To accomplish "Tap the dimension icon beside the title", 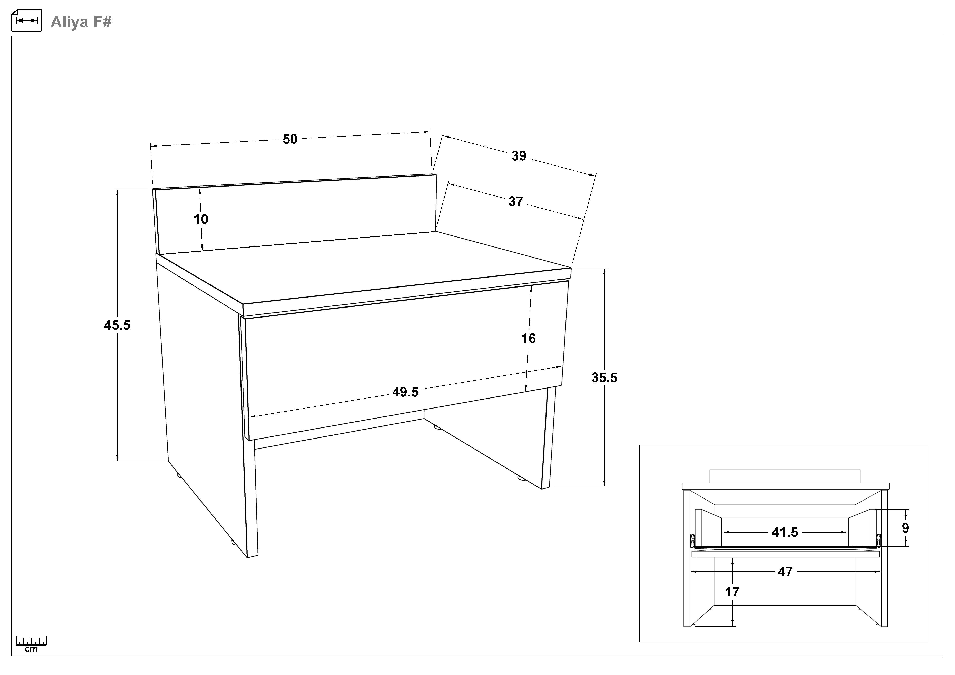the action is click(x=27, y=20).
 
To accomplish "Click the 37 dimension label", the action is click(x=516, y=202).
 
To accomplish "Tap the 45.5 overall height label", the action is click(x=117, y=325).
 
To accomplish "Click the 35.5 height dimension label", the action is click(x=604, y=378).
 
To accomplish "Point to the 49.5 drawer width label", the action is click(x=406, y=392).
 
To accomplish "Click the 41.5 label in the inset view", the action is click(x=785, y=532).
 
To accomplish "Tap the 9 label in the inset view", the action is click(x=906, y=528).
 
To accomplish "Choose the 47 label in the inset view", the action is click(x=785, y=572).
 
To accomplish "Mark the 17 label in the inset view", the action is click(x=732, y=592).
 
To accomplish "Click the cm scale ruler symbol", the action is click(x=31, y=644).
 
